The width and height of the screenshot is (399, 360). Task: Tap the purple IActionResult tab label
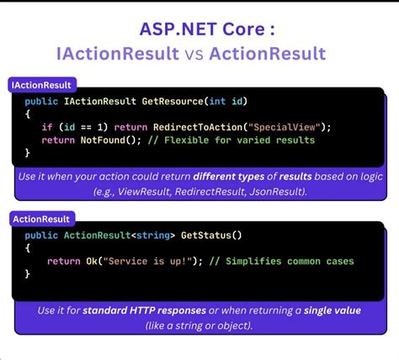tap(43, 85)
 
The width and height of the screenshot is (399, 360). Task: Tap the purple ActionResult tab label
tap(40, 219)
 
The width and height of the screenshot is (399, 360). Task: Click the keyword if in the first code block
tap(47, 127)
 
